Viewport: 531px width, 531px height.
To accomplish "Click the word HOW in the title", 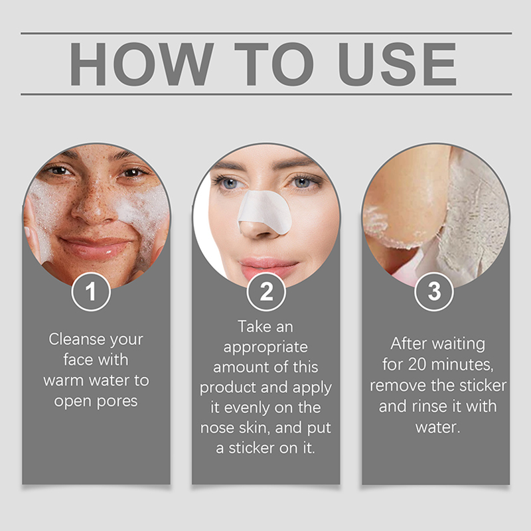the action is coord(142,64).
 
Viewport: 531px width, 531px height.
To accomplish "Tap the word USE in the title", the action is coord(398,64).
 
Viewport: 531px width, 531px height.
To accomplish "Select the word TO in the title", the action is coord(274,64).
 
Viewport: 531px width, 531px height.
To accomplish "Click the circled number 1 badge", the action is coord(91,291).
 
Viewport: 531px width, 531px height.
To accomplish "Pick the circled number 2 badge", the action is coord(266,291).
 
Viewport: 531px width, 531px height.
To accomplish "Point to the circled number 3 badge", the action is coord(434,291).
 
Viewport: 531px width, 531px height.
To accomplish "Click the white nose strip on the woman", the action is coord(265,212).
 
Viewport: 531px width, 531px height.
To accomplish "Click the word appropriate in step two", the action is coord(265,348).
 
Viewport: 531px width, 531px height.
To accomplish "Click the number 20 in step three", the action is coord(417,364).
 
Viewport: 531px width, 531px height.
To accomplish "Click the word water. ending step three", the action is coord(438,427).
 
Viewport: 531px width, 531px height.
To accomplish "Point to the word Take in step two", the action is coord(251,327).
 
